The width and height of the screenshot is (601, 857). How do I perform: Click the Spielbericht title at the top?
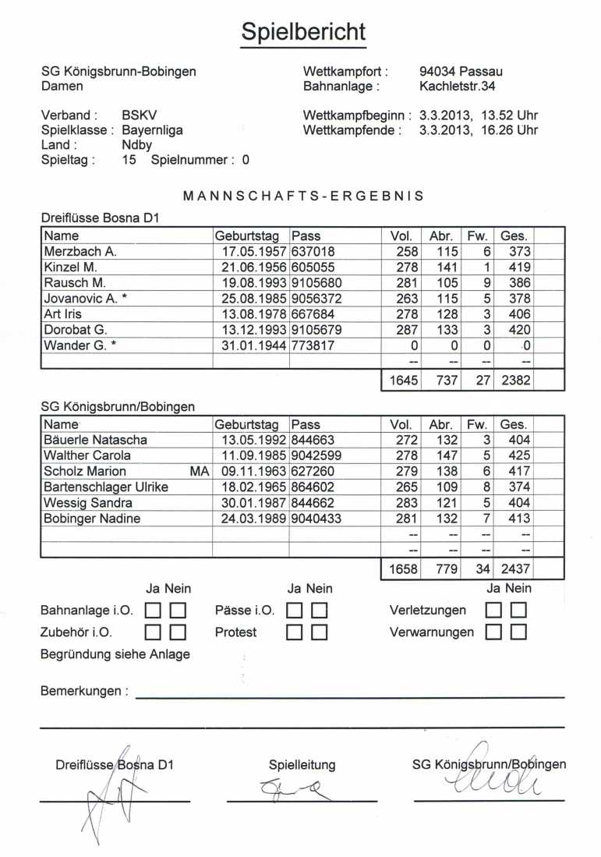click(x=302, y=32)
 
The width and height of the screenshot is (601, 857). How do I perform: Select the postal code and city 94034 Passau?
click(x=461, y=72)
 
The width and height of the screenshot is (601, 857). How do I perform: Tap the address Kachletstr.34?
click(x=458, y=86)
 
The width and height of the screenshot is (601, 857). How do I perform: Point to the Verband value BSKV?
click(x=140, y=115)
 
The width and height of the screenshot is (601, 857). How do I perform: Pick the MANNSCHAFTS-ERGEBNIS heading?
click(x=303, y=197)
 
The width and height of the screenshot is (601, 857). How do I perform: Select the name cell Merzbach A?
click(x=80, y=252)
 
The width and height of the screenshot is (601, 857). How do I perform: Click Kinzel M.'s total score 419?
click(x=519, y=267)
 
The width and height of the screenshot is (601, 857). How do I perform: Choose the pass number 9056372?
click(x=316, y=299)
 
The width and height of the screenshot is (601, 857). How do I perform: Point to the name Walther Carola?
click(x=87, y=455)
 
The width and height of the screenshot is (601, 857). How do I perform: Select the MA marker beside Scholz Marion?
click(x=199, y=471)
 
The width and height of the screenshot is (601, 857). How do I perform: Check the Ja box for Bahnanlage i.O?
click(x=154, y=611)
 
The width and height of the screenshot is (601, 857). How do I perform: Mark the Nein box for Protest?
click(x=318, y=632)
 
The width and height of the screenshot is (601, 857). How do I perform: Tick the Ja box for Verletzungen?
click(x=493, y=611)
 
